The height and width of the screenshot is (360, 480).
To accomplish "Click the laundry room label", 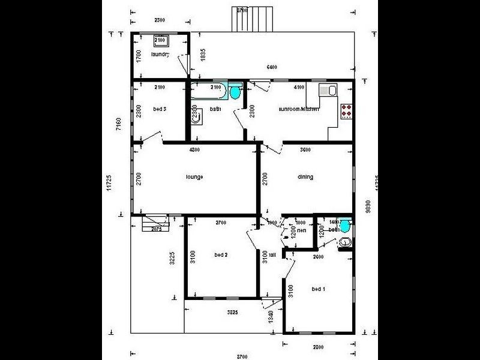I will [x=160, y=55].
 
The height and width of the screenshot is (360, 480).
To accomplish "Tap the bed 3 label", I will [x=160, y=109].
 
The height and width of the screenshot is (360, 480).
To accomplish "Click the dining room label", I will [x=306, y=177].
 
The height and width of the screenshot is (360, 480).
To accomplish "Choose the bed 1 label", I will [x=319, y=289].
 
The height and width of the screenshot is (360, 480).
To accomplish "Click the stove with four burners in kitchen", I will [x=347, y=110].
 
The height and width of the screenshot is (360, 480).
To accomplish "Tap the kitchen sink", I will [x=328, y=91].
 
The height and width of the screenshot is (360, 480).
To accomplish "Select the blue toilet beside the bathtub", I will [x=235, y=92].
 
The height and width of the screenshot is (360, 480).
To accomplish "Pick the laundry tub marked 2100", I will [x=161, y=40].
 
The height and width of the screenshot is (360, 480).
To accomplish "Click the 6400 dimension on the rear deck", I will [x=271, y=67].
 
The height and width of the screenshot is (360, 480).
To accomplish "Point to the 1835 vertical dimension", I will [x=203, y=55].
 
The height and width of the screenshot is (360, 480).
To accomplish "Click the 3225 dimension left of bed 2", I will [x=172, y=259].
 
